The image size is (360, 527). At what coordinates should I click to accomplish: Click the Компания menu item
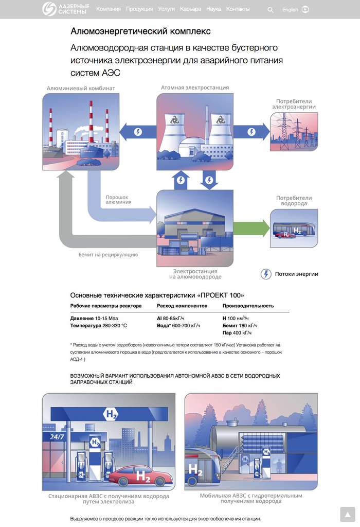(x=108, y=9)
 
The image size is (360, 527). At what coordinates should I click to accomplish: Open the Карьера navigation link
(x=191, y=9)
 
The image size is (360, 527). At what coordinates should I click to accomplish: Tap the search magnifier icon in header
(x=271, y=9)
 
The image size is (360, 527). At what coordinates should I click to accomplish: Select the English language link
(x=290, y=9)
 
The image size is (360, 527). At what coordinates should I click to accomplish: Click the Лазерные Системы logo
(x=65, y=9)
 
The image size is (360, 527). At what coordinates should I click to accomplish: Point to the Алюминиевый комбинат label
(x=81, y=88)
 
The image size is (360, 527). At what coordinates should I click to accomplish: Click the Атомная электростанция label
(x=194, y=87)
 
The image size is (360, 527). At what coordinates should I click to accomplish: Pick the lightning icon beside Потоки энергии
(x=266, y=274)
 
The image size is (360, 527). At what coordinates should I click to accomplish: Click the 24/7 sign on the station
(x=57, y=437)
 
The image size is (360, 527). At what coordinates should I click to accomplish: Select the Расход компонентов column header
(x=182, y=306)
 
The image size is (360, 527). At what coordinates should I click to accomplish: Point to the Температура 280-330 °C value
(x=99, y=326)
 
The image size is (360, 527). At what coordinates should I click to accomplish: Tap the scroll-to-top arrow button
(x=348, y=514)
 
